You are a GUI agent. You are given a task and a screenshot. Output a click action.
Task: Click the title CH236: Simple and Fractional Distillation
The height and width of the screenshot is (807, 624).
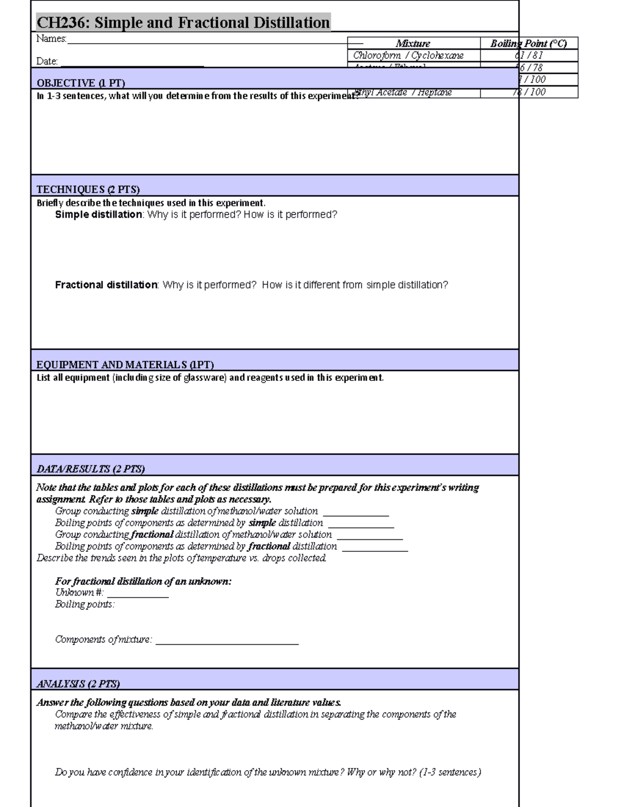click(183, 23)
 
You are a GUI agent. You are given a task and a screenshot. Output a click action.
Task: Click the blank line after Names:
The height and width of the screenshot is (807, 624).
click(208, 42)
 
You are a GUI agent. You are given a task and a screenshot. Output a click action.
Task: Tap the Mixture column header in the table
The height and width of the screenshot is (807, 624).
click(413, 44)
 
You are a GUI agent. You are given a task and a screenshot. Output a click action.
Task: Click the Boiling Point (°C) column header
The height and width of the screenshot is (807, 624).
click(528, 44)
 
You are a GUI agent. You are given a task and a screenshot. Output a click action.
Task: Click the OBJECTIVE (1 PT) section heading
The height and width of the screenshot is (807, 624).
click(81, 83)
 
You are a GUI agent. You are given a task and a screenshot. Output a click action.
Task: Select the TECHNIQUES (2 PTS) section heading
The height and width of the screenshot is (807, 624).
click(88, 189)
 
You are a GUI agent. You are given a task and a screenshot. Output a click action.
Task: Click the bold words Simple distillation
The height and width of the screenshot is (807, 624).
click(98, 215)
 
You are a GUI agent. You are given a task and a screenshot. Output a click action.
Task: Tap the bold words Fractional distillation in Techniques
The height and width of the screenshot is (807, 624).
click(106, 285)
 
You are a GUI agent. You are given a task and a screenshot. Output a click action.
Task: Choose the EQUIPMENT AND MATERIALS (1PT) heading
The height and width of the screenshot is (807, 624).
click(125, 365)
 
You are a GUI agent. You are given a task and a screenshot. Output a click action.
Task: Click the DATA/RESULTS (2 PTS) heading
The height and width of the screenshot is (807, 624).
click(90, 469)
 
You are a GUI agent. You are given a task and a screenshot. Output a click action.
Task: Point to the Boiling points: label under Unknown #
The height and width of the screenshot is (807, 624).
click(85, 604)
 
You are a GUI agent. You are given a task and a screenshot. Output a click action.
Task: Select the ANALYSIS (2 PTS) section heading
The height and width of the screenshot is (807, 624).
click(78, 684)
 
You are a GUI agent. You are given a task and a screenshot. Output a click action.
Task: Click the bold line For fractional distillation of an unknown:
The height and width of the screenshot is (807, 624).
click(143, 581)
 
